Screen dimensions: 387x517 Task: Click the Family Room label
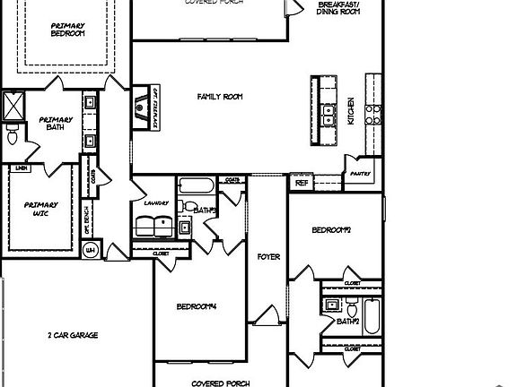220,97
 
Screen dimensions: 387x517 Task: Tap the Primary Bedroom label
67,29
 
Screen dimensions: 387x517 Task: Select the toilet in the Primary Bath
12,137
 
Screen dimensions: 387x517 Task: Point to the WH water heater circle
91,251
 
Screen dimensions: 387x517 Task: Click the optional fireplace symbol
143,110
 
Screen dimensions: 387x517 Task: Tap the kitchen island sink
330,115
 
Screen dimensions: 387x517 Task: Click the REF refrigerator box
301,182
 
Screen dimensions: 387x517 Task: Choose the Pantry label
360,175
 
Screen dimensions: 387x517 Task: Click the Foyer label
268,257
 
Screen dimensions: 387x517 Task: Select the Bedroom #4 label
197,307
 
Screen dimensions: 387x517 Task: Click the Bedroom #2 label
330,231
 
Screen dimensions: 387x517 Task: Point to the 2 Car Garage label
73,336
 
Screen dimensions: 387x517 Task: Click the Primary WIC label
40,210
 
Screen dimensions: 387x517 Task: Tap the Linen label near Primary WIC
20,168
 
